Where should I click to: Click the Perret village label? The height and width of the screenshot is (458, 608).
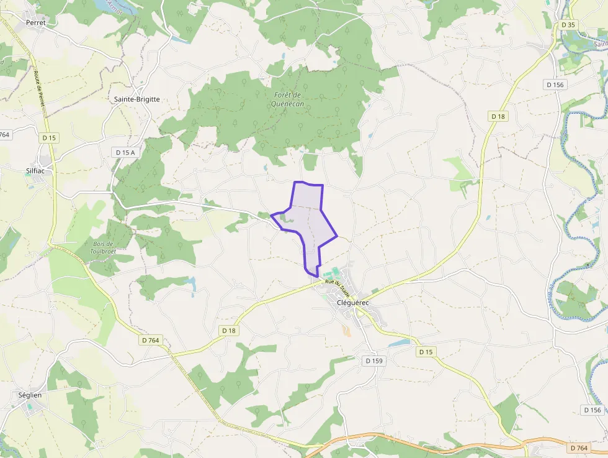click(x=37, y=22)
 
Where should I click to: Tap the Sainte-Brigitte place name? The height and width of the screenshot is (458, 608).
click(x=137, y=99)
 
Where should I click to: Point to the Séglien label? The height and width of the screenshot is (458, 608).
click(x=30, y=395)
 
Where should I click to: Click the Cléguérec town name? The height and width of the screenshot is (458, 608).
click(x=352, y=303)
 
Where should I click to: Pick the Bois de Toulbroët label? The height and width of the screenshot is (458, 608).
click(x=102, y=247)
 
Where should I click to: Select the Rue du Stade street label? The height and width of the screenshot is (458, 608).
click(x=338, y=288)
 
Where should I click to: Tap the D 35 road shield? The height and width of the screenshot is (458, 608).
click(x=568, y=25)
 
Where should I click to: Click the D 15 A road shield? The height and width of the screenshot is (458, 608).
click(x=125, y=152)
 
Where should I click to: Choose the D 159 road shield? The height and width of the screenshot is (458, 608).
click(x=375, y=360)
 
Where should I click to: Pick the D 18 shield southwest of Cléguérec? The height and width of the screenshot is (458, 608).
click(x=229, y=331)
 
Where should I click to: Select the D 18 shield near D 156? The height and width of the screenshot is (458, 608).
click(x=498, y=116)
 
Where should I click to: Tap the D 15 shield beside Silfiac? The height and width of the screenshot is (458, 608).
click(x=50, y=137)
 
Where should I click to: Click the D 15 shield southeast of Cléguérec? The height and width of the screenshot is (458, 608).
click(x=425, y=352)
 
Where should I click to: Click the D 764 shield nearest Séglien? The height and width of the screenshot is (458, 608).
click(x=151, y=340)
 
